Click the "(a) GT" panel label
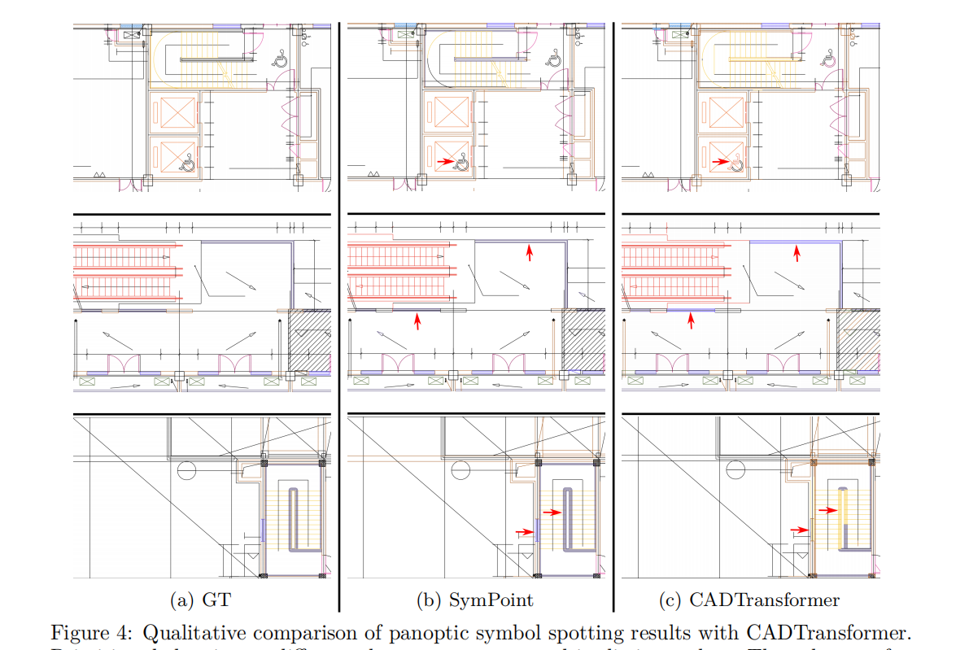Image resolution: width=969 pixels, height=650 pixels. (199, 600)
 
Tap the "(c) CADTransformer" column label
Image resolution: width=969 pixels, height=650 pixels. (749, 600)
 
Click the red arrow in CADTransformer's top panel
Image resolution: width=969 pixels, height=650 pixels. (719, 162)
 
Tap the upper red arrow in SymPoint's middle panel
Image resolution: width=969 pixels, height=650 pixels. (530, 252)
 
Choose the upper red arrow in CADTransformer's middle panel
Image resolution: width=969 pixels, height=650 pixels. (797, 254)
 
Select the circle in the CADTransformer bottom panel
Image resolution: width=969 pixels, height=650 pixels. (735, 470)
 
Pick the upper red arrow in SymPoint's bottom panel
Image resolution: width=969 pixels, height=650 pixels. (552, 512)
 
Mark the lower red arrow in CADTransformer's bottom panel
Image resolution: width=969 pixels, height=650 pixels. (800, 530)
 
